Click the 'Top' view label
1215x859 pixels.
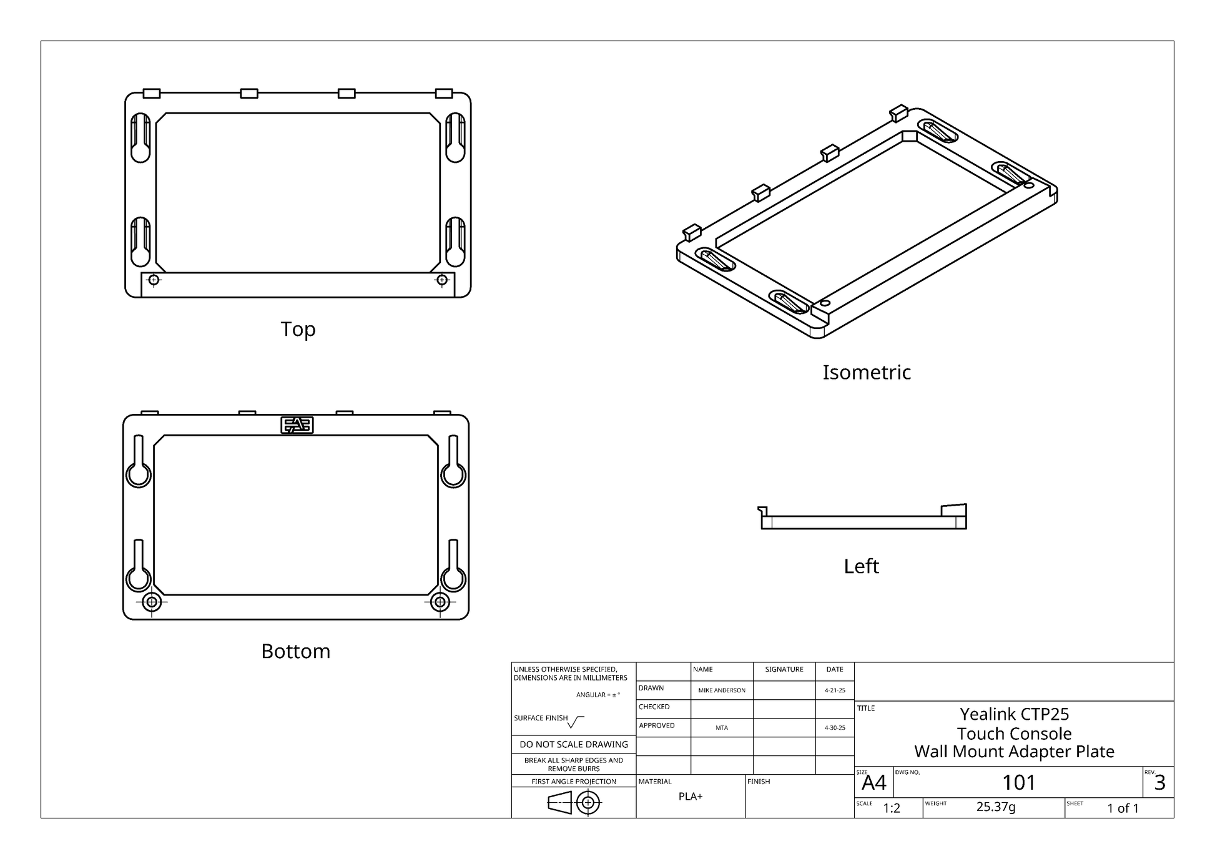pyautogui.click(x=298, y=329)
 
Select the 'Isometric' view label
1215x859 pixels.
pyautogui.click(x=866, y=372)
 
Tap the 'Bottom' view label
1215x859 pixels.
pyautogui.click(x=295, y=651)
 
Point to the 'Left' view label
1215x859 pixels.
pyautogui.click(x=861, y=566)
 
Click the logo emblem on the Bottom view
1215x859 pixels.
pyautogui.click(x=297, y=425)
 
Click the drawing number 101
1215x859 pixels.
pyautogui.click(x=1018, y=782)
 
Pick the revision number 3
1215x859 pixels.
pyautogui.click(x=1159, y=783)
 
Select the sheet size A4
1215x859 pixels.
pyautogui.click(x=873, y=783)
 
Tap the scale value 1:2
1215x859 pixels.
pyautogui.click(x=892, y=808)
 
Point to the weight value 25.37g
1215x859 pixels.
pyautogui.click(x=996, y=807)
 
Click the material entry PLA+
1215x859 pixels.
pyautogui.click(x=691, y=797)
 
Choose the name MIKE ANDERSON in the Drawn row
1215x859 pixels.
pyautogui.click(x=722, y=690)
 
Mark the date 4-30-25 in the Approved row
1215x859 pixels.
pyautogui.click(x=835, y=728)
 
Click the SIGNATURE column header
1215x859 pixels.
pyautogui.click(x=784, y=669)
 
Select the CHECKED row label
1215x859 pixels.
pyautogui.click(x=654, y=707)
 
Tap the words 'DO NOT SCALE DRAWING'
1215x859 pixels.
pyautogui.click(x=574, y=745)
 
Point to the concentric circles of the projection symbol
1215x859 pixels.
pyautogui.click(x=588, y=803)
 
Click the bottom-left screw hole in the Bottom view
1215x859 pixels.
pyautogui.click(x=152, y=602)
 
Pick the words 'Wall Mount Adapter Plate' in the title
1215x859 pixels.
pyautogui.click(x=1014, y=752)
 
